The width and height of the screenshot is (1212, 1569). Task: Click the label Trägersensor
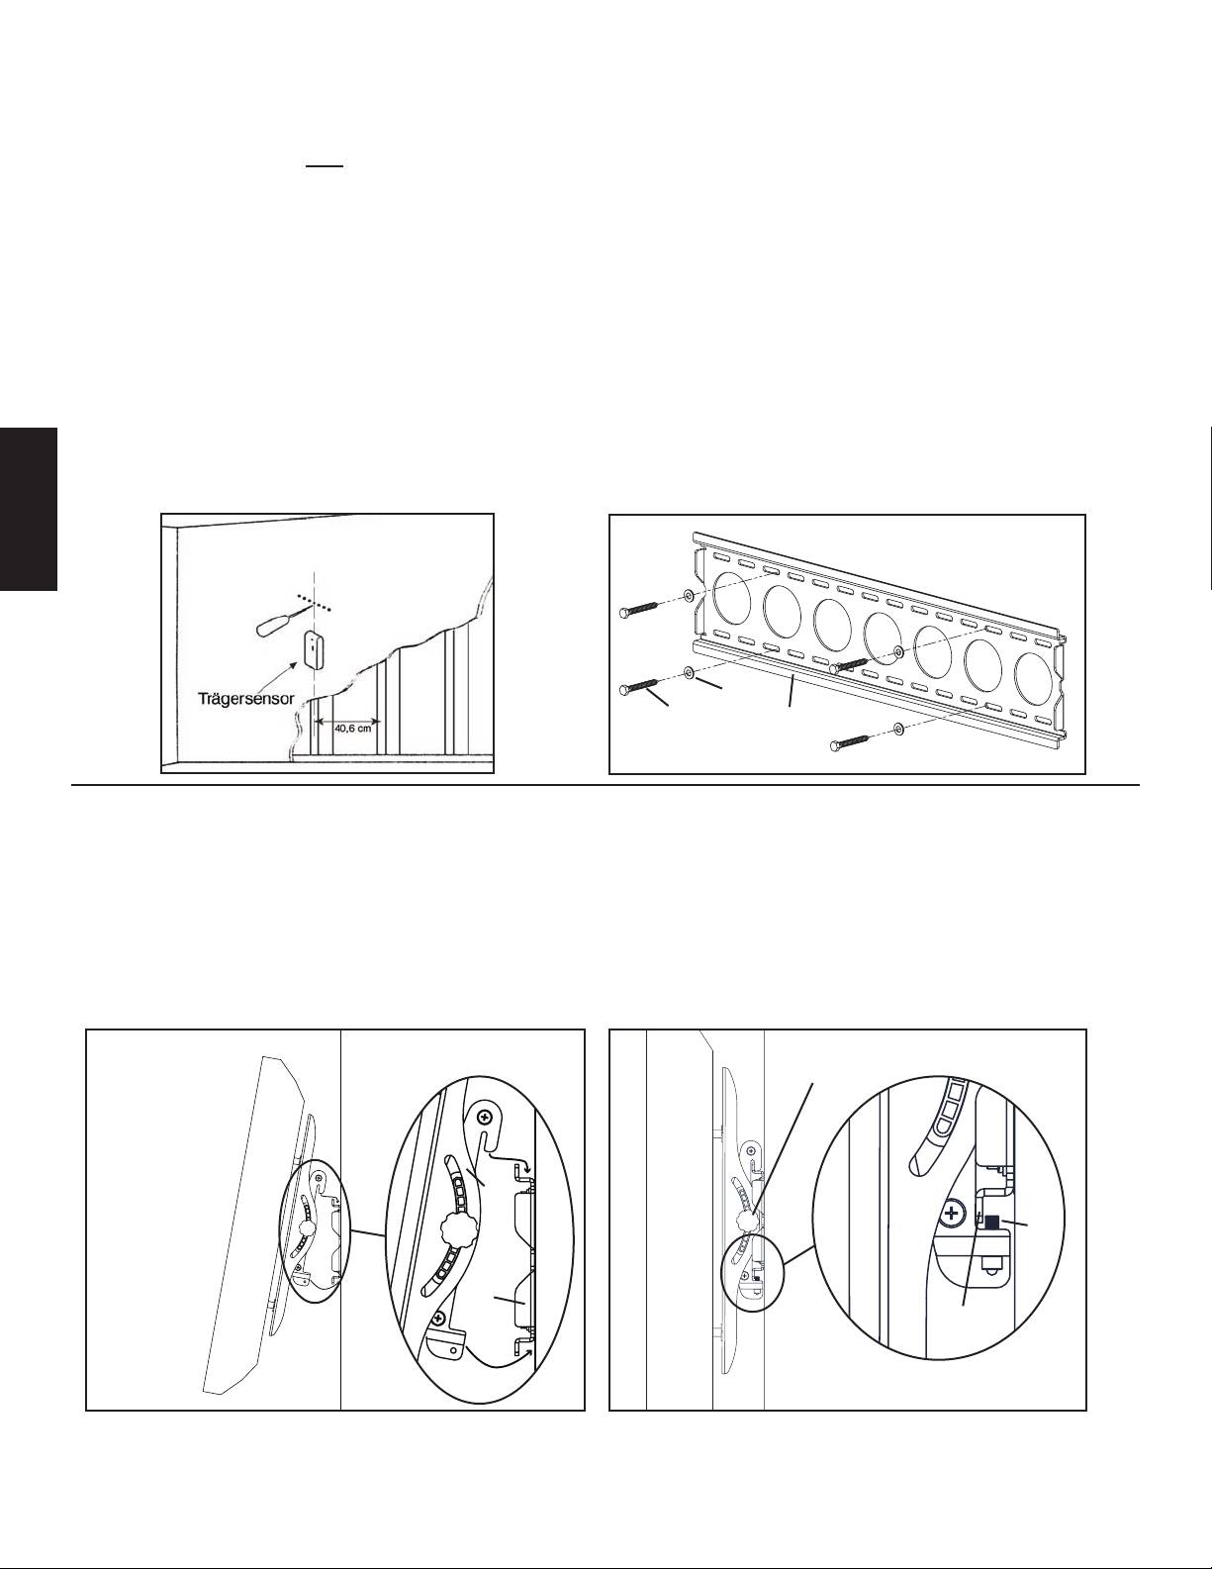pos(246,699)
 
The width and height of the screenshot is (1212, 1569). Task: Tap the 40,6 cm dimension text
pos(353,728)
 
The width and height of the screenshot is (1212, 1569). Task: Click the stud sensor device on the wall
pos(315,649)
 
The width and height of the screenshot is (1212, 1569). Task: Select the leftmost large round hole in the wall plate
pos(732,598)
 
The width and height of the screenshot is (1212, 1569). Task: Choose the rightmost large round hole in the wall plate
pos(1033,675)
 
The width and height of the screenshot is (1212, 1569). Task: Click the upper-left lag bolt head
pos(624,613)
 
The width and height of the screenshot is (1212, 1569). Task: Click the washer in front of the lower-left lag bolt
pos(689,672)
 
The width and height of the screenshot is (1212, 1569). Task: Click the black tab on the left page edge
pos(28,509)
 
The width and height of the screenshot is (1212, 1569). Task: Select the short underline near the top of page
pos(324,166)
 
